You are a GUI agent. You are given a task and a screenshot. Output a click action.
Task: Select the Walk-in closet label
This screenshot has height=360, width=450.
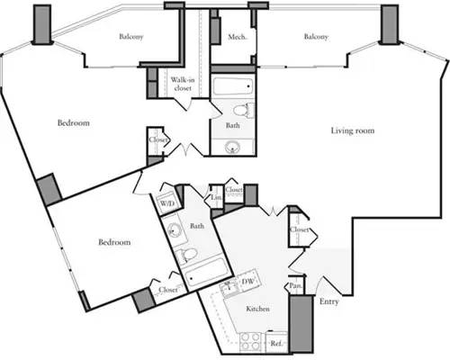pyautogui.click(x=184, y=84)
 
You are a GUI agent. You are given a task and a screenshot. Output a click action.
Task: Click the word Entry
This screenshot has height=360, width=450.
pyautogui.click(x=329, y=301)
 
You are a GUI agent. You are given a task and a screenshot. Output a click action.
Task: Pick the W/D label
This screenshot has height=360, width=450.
pyautogui.click(x=167, y=204)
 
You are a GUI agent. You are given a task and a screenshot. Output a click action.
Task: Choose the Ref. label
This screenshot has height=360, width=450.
pyautogui.click(x=276, y=344)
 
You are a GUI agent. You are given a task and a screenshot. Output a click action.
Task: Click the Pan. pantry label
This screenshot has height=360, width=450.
pyautogui.click(x=294, y=286)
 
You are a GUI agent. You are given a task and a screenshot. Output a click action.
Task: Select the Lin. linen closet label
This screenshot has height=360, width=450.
pyautogui.click(x=217, y=197)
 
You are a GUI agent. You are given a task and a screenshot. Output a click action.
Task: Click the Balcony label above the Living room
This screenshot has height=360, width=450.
pyautogui.click(x=315, y=37)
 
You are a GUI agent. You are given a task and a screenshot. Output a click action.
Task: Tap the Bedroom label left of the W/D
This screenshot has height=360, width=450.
pyautogui.click(x=113, y=242)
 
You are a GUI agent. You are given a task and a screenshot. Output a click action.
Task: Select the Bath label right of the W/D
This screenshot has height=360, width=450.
pyautogui.click(x=196, y=226)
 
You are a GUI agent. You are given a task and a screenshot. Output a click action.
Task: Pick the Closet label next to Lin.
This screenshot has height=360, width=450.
pyautogui.click(x=235, y=190)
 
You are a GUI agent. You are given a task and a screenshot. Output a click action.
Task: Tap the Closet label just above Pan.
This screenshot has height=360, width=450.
pyautogui.click(x=300, y=231)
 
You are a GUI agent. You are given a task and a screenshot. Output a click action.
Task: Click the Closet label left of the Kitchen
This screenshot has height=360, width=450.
pyautogui.click(x=167, y=290)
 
